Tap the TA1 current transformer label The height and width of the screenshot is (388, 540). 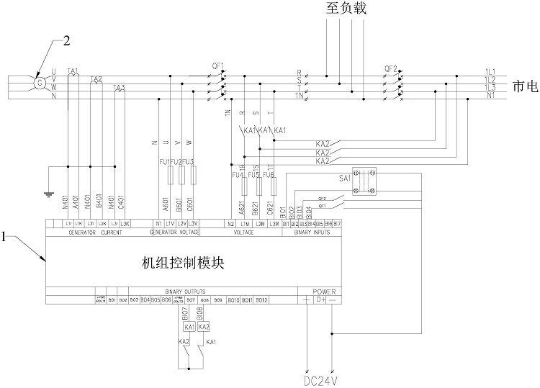click(x=72, y=71)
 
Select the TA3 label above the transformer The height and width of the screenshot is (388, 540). click(x=120, y=88)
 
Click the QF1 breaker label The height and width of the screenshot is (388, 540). click(x=218, y=66)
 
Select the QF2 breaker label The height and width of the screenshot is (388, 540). click(x=391, y=68)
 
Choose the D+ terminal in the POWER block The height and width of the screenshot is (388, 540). click(x=322, y=299)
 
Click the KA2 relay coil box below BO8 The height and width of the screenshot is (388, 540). click(x=203, y=327)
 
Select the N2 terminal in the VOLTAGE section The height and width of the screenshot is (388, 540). click(x=230, y=224)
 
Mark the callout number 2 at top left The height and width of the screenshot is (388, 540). click(x=66, y=40)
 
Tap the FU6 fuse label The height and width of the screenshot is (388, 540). click(x=269, y=175)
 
